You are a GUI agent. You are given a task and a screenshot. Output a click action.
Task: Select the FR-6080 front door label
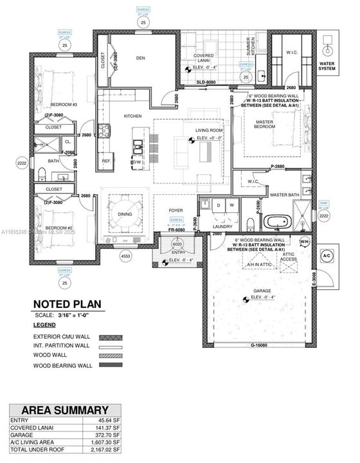coord(177,230)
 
